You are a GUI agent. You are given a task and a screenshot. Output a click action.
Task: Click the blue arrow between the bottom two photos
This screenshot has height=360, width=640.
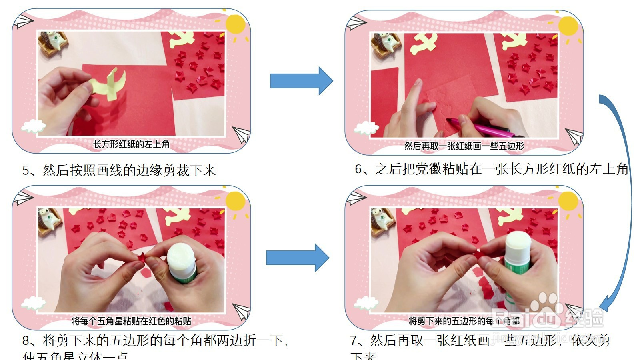click(297, 258)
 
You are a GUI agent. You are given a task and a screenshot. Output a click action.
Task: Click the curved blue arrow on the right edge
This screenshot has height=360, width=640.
click(624, 200)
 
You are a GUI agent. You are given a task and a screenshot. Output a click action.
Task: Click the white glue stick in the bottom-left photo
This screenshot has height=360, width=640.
click(181, 262)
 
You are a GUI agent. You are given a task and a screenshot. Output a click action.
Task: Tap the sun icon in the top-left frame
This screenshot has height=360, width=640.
click(235, 24)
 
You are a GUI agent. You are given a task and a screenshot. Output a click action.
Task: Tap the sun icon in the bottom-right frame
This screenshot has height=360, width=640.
click(568, 201)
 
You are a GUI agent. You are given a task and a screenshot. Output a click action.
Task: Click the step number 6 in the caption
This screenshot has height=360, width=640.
click(359, 170)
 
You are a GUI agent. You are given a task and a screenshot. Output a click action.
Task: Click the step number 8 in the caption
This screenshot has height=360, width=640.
click(26, 341)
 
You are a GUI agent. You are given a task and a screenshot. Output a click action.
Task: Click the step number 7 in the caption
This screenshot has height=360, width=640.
click(354, 341)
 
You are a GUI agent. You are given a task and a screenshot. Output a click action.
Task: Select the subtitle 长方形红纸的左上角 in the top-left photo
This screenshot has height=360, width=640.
click(131, 144)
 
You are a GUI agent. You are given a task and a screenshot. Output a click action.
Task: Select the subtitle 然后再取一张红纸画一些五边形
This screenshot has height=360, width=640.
click(464, 146)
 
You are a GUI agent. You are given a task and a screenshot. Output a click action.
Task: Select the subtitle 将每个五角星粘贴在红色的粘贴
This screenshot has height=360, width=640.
click(131, 321)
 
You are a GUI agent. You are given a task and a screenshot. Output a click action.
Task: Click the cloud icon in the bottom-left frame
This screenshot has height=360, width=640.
click(33, 303)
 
